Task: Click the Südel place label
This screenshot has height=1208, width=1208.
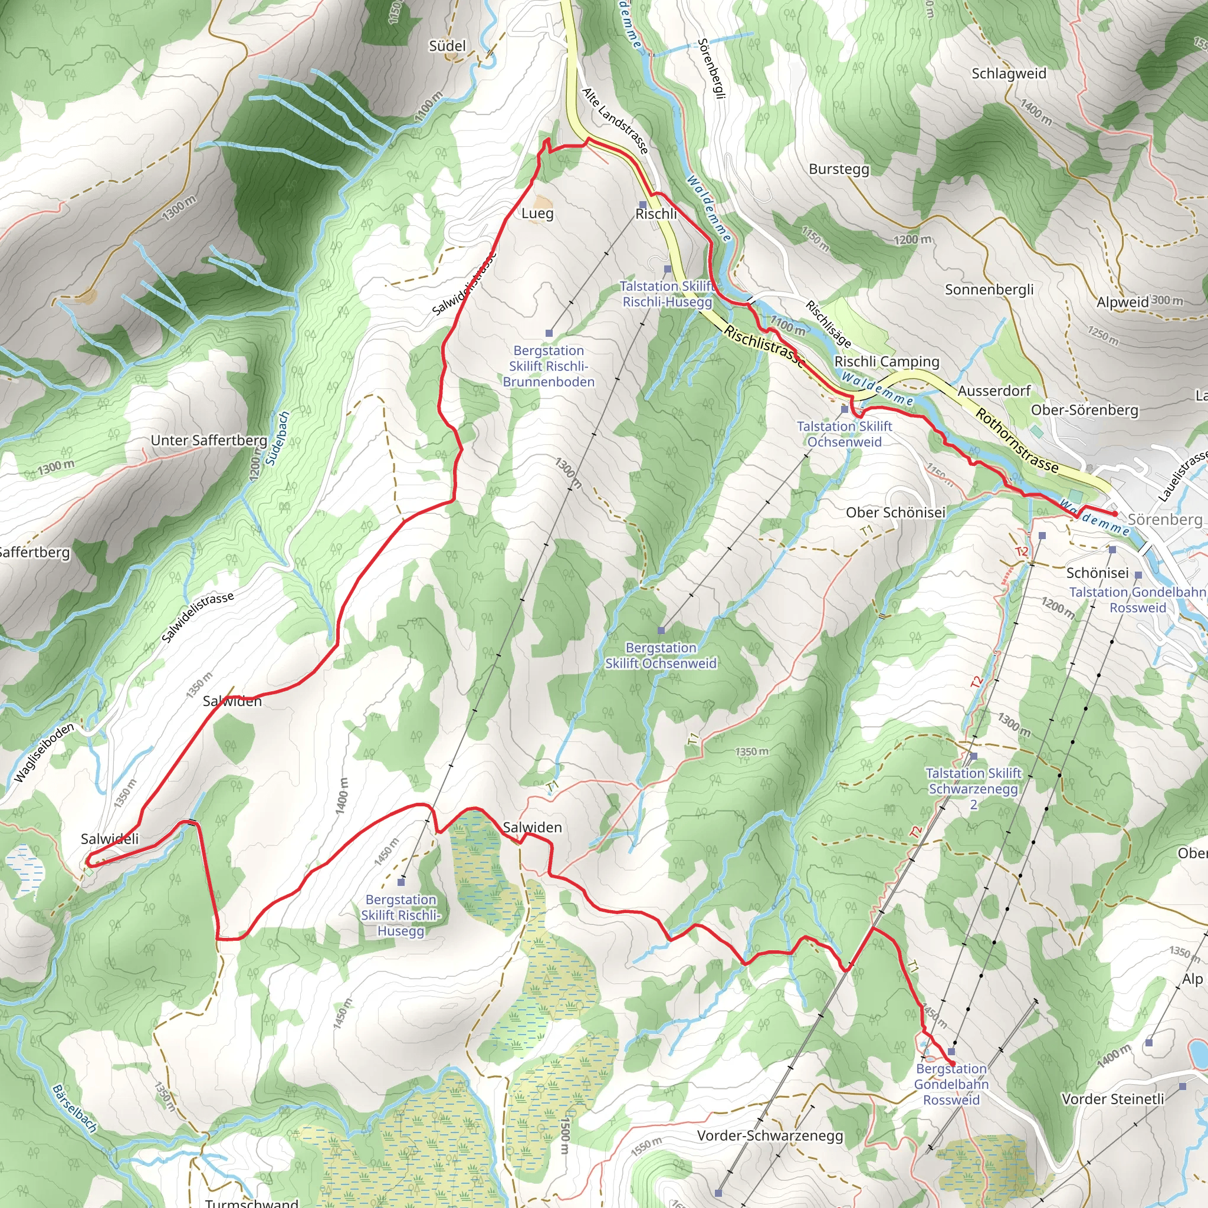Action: [447, 45]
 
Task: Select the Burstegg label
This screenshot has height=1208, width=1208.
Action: [839, 169]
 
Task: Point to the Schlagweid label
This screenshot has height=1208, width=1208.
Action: [1009, 74]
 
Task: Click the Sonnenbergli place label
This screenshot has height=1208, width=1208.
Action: [989, 290]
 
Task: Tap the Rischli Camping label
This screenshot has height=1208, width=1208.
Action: [887, 362]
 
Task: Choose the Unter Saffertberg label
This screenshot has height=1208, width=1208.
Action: [209, 440]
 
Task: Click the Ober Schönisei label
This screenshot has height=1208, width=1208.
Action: [895, 512]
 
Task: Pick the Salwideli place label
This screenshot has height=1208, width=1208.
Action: [110, 839]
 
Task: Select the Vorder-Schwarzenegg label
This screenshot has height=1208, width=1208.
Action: [770, 1135]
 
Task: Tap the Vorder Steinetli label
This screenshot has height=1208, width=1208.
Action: [1112, 1098]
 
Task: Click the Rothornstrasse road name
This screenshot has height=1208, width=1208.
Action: [1017, 441]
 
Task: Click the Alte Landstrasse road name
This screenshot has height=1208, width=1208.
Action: [615, 121]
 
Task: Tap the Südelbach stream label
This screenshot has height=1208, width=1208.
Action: [278, 438]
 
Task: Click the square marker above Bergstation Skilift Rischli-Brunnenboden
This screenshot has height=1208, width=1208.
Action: [549, 333]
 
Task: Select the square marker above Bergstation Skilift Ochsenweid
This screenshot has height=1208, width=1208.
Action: [661, 631]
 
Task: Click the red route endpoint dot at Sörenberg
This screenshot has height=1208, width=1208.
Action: [1114, 513]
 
